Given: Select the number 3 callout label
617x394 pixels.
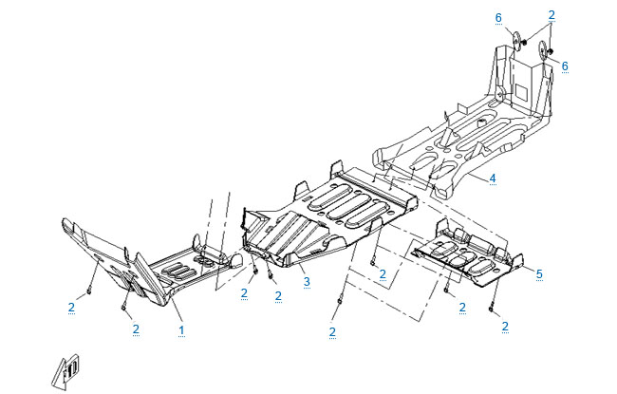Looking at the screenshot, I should point(307,282).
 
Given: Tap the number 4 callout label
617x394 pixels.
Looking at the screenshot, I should point(494,178).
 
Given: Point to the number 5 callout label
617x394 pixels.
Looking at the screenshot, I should point(539,274).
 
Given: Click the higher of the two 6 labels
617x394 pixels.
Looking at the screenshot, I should point(496,17).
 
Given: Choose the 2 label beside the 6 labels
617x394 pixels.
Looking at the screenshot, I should point(551,14).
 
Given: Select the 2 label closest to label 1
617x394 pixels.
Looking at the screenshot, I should point(137,328).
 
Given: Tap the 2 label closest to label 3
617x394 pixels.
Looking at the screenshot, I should point(278,296).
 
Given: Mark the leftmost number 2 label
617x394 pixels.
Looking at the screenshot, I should point(72,307).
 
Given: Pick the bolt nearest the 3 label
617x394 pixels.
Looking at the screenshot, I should point(271,275).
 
